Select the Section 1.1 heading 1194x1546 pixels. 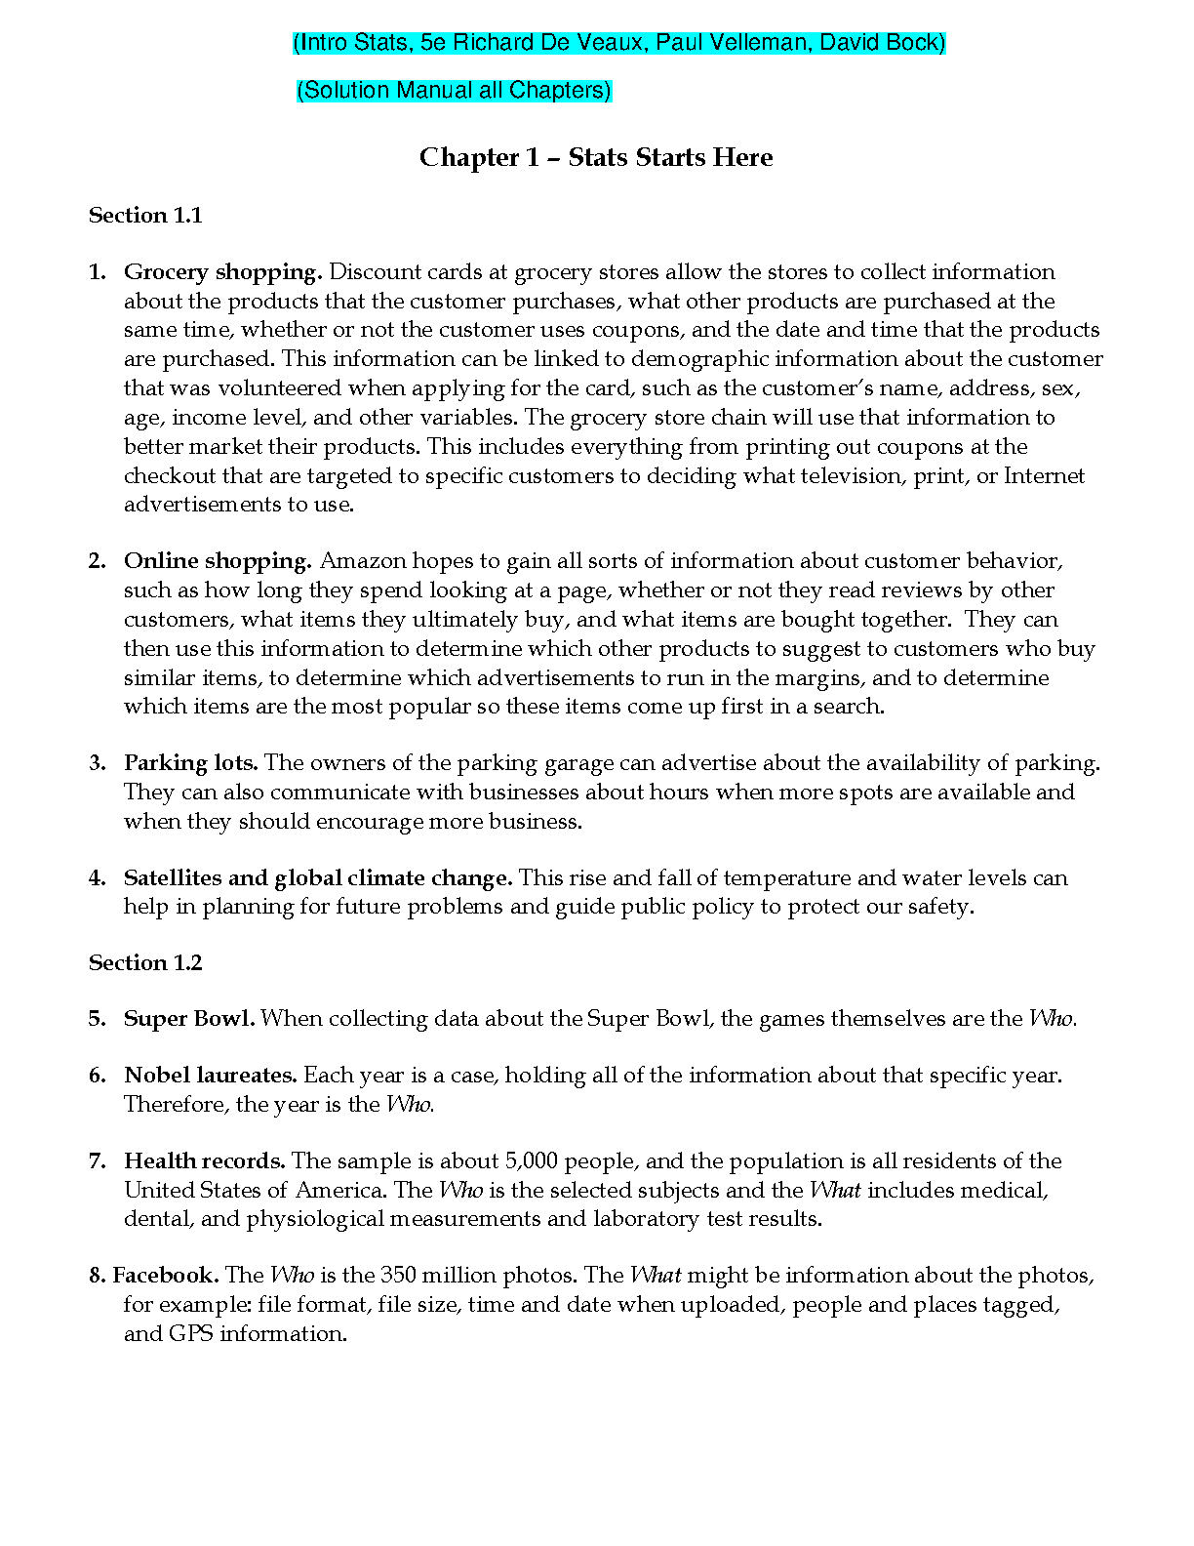145,216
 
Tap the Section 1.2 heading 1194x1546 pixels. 145,963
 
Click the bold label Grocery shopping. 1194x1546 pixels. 222,272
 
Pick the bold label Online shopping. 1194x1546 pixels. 218,561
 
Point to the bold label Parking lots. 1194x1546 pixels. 190,763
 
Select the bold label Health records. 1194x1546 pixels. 204,1161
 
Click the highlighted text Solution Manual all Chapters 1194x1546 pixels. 454,91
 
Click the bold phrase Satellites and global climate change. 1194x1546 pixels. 318,878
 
